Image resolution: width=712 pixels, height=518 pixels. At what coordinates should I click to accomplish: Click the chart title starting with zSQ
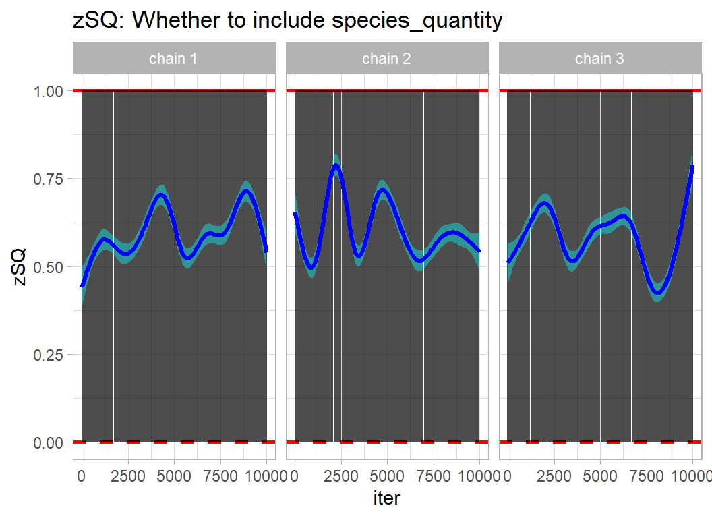click(x=287, y=20)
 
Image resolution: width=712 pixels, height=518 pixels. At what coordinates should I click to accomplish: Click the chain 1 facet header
click(x=174, y=59)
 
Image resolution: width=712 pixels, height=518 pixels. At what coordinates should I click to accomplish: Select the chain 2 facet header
click(x=386, y=59)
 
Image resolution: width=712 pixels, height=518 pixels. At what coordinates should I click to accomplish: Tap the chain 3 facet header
click(x=599, y=59)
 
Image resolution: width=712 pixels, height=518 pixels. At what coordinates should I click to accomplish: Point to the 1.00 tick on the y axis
click(x=49, y=91)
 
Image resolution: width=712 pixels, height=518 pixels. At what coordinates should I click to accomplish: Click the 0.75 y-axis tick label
click(x=49, y=179)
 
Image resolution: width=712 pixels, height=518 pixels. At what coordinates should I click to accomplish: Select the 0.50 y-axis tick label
click(x=49, y=267)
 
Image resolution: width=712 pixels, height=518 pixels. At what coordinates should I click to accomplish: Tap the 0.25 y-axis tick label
click(x=49, y=355)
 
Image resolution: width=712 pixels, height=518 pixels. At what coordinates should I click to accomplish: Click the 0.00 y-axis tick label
click(x=49, y=442)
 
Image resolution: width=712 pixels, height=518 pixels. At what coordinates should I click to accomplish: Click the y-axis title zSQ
click(x=20, y=266)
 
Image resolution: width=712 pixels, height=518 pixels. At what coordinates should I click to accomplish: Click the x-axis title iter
click(x=387, y=498)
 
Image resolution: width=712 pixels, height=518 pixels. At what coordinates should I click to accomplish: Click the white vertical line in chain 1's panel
click(x=113, y=270)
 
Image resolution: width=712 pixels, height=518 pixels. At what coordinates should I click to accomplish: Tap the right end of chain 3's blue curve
click(x=692, y=167)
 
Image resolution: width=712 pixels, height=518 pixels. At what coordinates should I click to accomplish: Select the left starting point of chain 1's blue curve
click(x=82, y=285)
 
